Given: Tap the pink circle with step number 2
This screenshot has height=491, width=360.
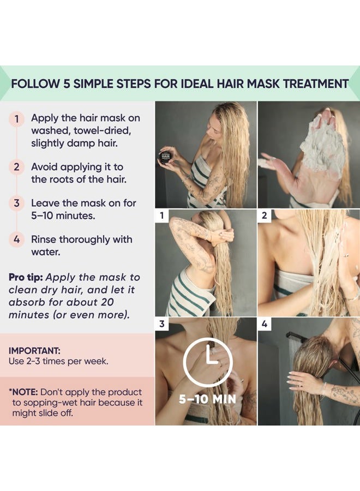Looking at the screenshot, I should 17,167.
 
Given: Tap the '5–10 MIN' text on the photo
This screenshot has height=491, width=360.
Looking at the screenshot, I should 207,399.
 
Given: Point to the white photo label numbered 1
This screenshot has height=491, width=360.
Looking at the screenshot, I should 161,215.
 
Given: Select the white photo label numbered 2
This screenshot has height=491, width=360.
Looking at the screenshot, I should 265,215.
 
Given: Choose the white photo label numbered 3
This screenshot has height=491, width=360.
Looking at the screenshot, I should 161,324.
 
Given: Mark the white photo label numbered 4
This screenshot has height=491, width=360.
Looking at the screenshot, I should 265,324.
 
